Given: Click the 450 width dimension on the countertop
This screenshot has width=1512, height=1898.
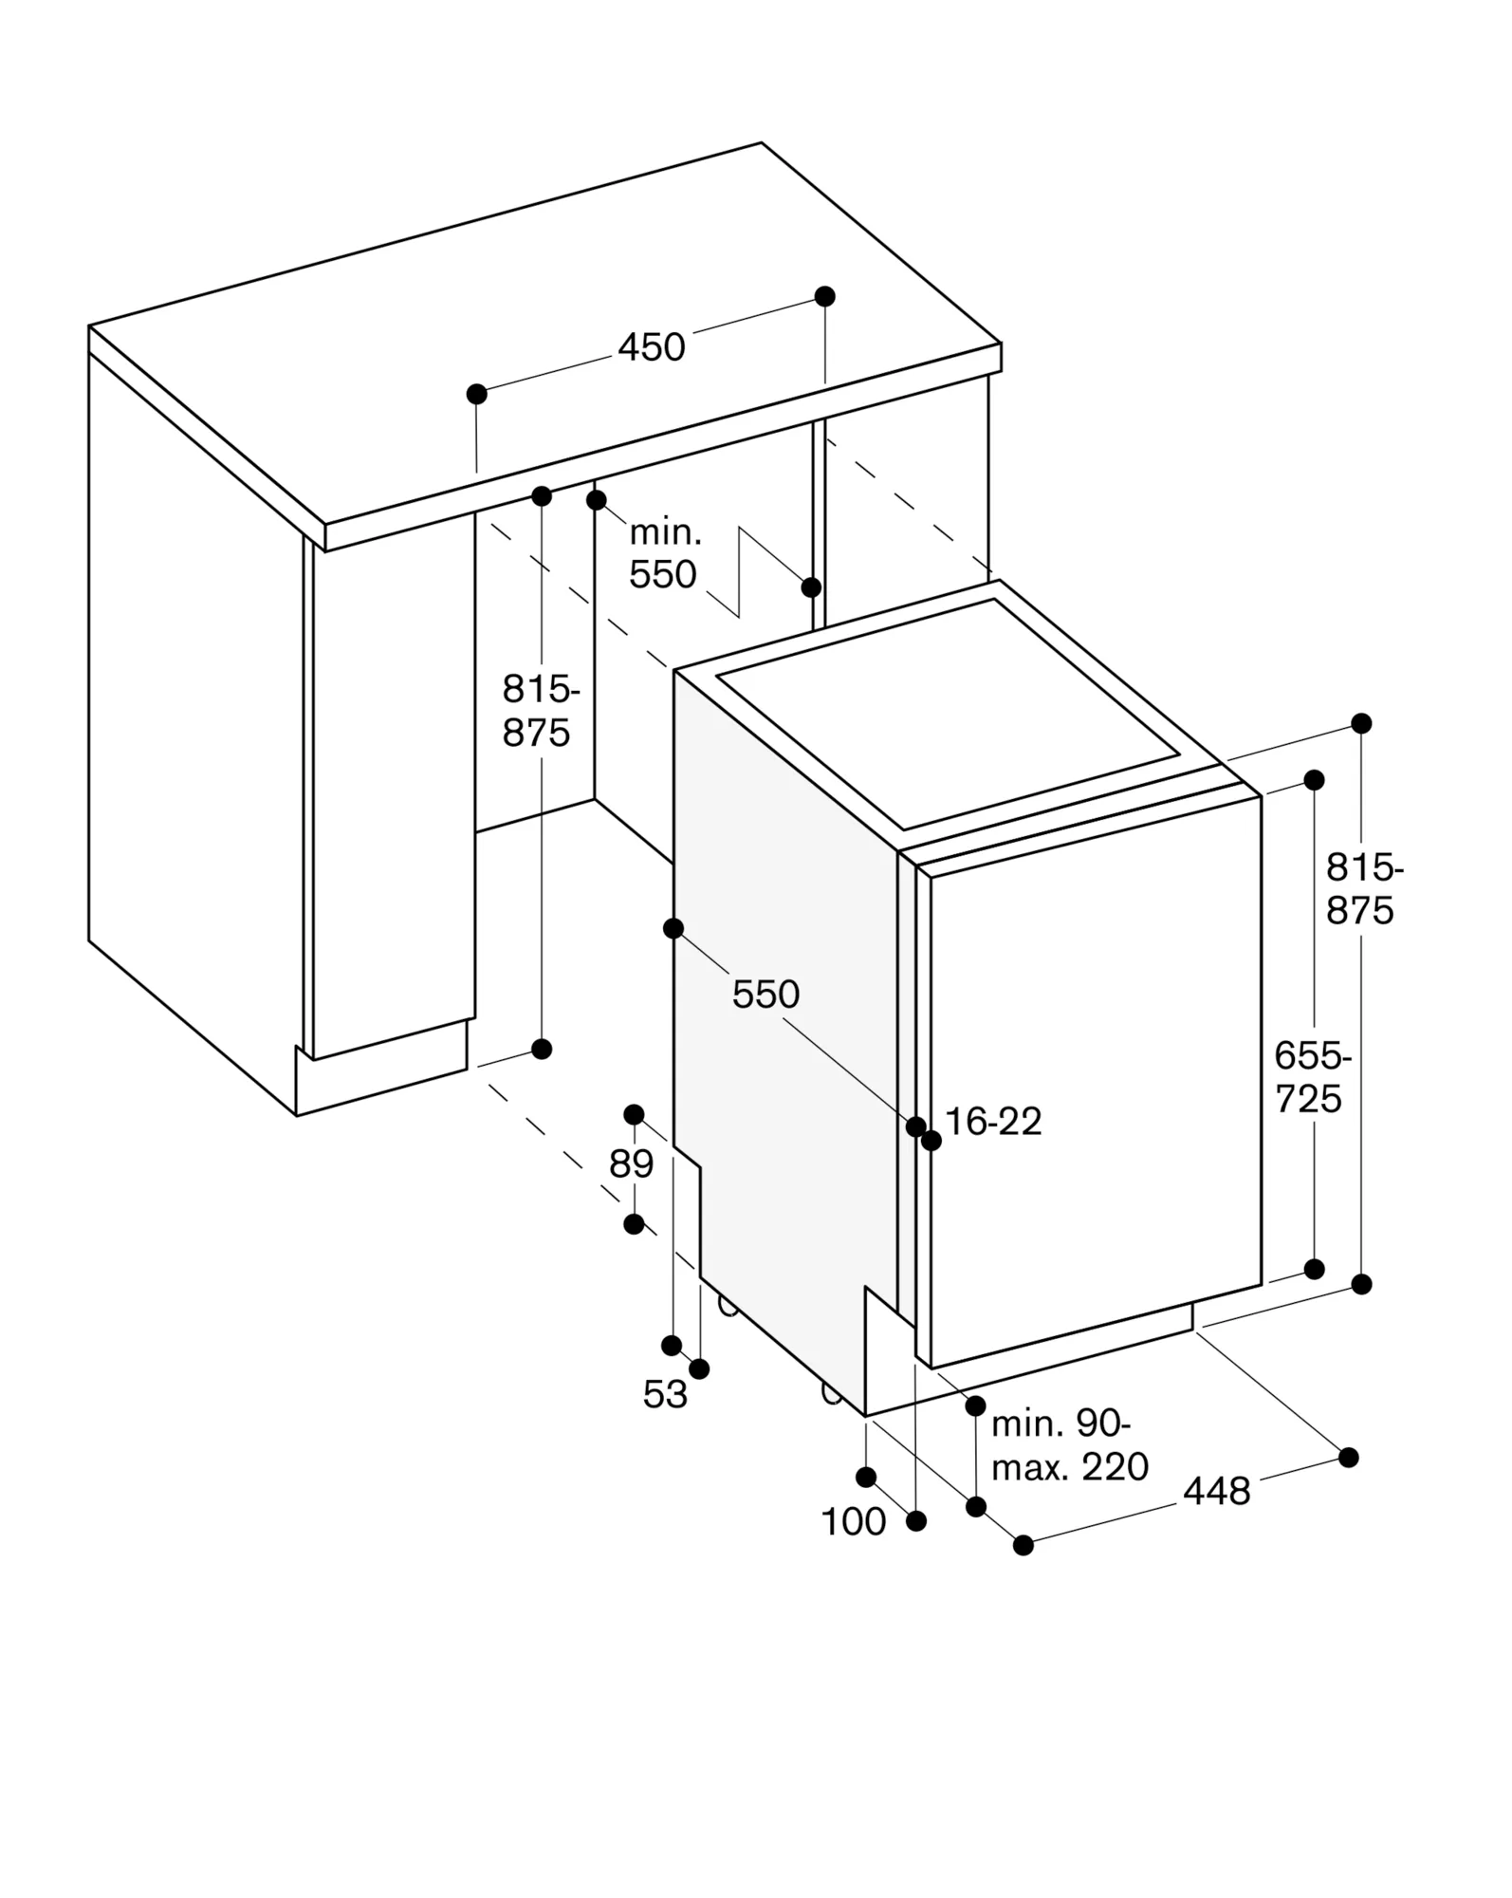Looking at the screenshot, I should coord(651,347).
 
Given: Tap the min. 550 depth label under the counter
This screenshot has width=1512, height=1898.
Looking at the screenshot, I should coord(664,554).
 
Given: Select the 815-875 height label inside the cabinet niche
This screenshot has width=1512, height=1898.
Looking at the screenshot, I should coord(539,711).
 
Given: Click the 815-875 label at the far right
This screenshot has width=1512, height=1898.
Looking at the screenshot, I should coord(1363,889).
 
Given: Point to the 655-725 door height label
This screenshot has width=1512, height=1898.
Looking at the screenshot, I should coord(1311,1077).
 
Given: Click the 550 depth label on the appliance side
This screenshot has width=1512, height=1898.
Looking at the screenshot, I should coord(765,995).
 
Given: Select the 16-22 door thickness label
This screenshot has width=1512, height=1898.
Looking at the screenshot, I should coord(993,1122).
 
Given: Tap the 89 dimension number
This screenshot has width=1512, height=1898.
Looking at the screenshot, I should coord(631,1163).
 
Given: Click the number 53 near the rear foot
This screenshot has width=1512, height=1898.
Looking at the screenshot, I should coord(664,1394).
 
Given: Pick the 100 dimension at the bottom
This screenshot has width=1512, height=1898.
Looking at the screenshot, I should coord(853,1522).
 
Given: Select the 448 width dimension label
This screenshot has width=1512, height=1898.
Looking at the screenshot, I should coord(1216,1492).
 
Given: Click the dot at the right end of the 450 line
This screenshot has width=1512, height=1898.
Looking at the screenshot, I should coord(825,296).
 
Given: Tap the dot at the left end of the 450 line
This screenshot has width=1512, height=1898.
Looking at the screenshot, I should coord(477,394).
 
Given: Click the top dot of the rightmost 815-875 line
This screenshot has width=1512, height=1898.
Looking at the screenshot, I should coord(1361,724).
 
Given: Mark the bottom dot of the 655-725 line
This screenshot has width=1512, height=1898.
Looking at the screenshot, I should coord(1314,1269).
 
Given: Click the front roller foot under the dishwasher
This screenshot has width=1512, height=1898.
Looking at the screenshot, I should coord(831,1393).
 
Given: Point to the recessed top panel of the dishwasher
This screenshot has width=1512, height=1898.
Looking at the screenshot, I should coord(949,712).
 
